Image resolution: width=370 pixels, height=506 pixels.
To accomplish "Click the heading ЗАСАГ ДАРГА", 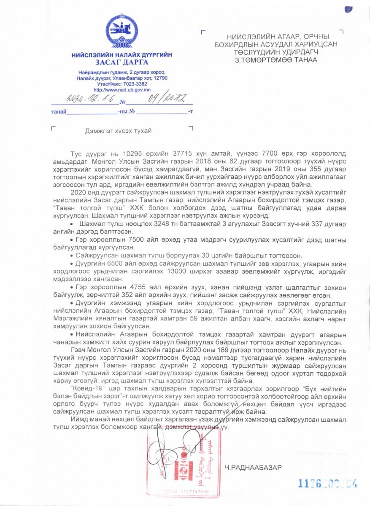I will (122, 63).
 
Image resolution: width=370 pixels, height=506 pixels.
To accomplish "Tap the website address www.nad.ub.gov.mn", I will (122, 90).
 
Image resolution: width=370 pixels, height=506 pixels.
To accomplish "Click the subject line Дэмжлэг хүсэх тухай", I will (118, 131).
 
